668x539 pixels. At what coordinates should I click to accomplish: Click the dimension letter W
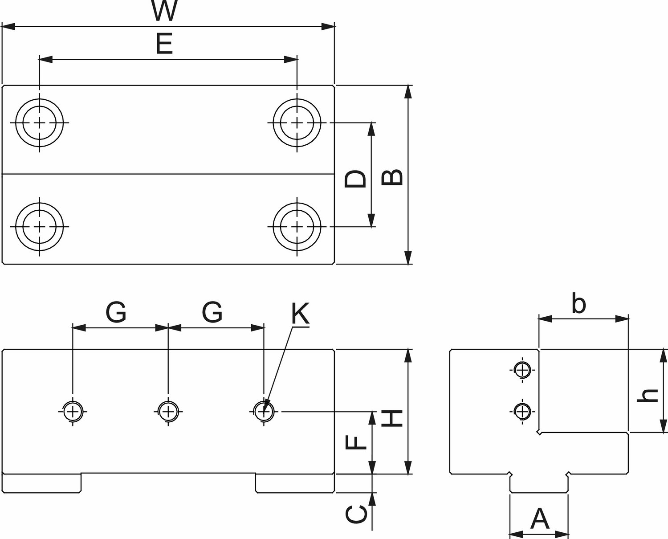165,10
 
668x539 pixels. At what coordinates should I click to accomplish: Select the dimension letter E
164,44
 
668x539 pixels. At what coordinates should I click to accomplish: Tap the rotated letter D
355,179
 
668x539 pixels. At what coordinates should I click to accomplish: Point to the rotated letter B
392,177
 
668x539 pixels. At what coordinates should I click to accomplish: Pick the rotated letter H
392,418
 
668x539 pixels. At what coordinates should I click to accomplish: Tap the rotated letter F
356,442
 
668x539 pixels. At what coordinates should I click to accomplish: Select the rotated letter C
356,514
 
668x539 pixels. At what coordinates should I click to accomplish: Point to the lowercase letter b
578,303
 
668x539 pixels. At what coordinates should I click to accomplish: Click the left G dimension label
116,312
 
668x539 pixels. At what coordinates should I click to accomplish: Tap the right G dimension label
212,312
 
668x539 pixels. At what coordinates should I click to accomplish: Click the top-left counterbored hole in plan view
40,123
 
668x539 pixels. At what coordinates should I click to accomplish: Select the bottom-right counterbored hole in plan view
297,227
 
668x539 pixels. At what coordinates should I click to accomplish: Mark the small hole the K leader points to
264,412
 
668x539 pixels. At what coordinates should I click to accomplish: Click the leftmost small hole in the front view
73,412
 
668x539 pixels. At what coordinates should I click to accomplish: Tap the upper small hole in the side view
522,370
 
